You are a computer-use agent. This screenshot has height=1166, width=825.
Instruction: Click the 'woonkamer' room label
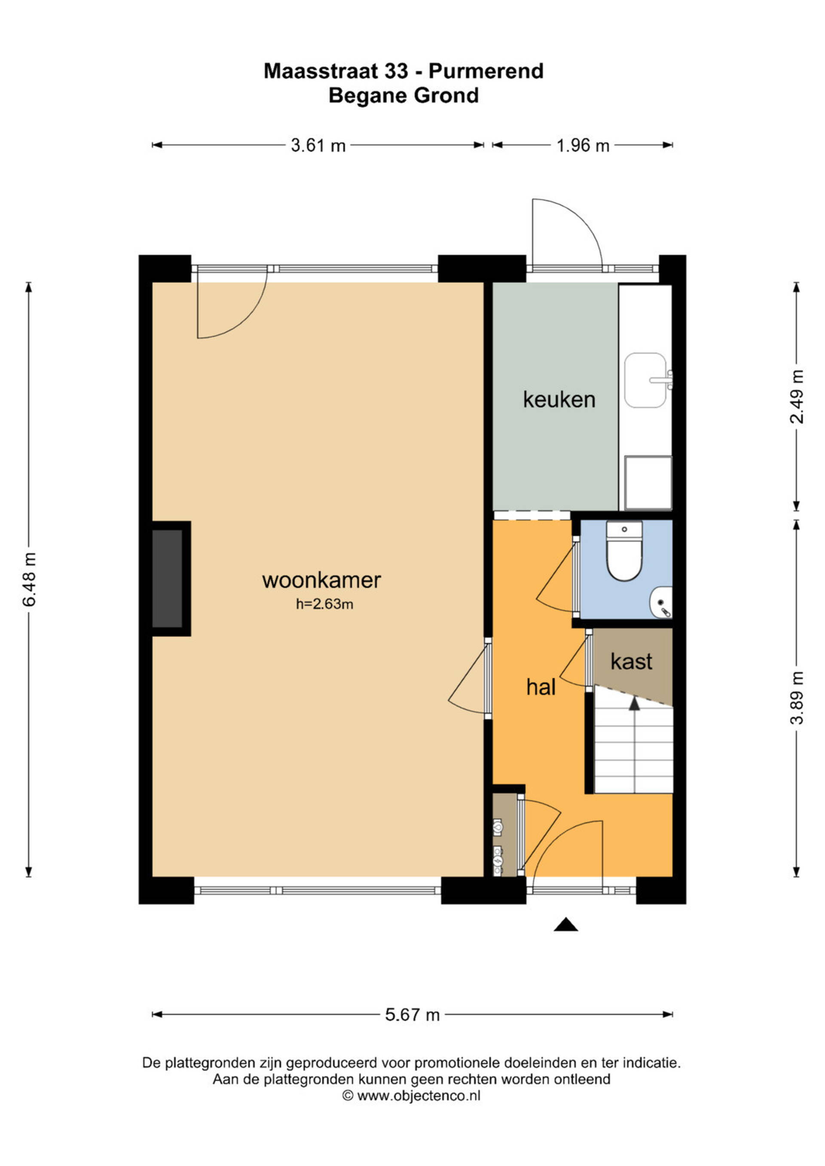(321, 580)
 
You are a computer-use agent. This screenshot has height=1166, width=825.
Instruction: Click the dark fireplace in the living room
(167, 578)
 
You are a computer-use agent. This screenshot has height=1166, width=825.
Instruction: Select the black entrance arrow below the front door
(566, 925)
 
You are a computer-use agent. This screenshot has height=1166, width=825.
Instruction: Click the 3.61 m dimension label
(318, 146)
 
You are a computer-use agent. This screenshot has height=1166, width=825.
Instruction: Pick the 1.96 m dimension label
(583, 146)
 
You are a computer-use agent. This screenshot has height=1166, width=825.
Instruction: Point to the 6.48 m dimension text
(30, 580)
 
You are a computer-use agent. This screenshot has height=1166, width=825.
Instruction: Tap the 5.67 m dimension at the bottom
(412, 1015)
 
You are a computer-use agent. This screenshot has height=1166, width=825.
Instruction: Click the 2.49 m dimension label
(797, 397)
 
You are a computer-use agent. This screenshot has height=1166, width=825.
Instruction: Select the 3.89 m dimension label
(797, 697)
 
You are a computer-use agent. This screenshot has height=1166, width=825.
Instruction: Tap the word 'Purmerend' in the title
(486, 71)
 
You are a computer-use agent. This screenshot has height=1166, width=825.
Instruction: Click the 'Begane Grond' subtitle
(404, 95)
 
